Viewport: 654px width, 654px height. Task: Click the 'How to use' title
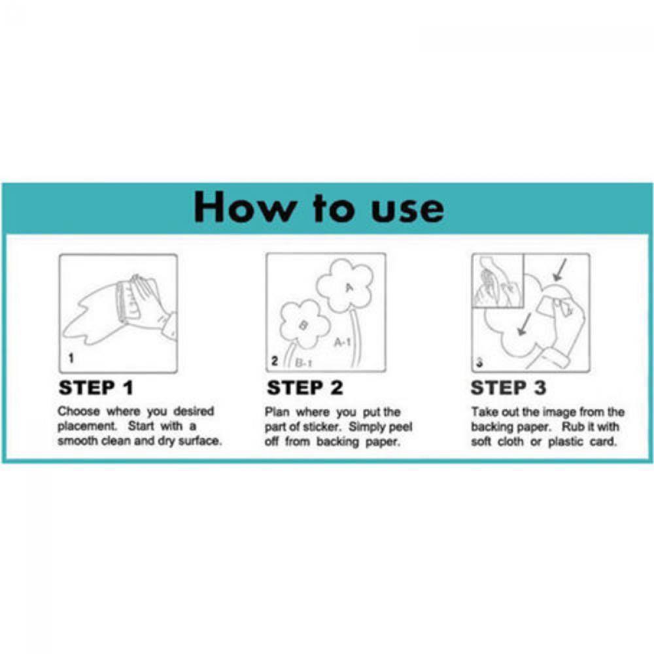click(318, 207)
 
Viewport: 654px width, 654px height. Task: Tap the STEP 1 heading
click(96, 387)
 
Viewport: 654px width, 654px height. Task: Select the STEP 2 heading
click(305, 387)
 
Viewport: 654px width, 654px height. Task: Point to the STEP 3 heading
click(508, 387)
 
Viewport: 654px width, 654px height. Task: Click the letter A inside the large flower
click(349, 287)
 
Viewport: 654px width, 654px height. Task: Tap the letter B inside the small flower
click(303, 324)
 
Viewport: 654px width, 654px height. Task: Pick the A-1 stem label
click(342, 343)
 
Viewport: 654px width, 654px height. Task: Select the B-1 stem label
click(303, 363)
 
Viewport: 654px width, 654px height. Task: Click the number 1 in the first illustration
click(71, 358)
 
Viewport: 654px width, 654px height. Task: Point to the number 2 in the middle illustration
click(275, 361)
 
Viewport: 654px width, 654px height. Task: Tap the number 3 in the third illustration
click(479, 362)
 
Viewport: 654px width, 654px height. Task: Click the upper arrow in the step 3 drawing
click(560, 269)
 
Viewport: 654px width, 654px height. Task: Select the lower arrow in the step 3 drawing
click(524, 324)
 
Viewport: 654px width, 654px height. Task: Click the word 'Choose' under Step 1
click(79, 411)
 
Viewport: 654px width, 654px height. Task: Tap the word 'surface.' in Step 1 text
click(200, 440)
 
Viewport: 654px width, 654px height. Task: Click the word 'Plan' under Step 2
click(277, 412)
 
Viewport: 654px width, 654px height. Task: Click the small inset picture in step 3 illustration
click(498, 281)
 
